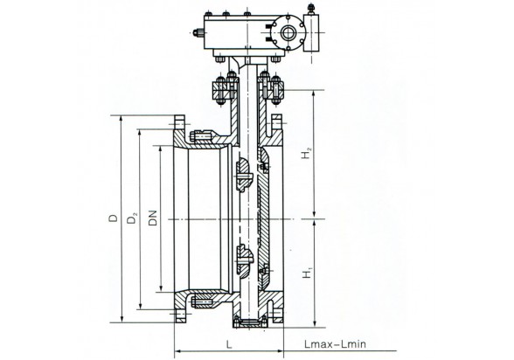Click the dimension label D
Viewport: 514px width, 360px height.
113,218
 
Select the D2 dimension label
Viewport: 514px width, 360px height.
132,218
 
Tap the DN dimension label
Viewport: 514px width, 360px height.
153,218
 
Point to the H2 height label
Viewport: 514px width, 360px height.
307,153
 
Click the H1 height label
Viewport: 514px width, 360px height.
307,273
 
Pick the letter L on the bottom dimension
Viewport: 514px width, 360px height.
229,344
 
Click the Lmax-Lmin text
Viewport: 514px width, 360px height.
335,344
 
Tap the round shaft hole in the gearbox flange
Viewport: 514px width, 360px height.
288,32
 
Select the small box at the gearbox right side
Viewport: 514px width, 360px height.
311,32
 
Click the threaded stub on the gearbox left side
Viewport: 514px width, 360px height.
198,32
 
